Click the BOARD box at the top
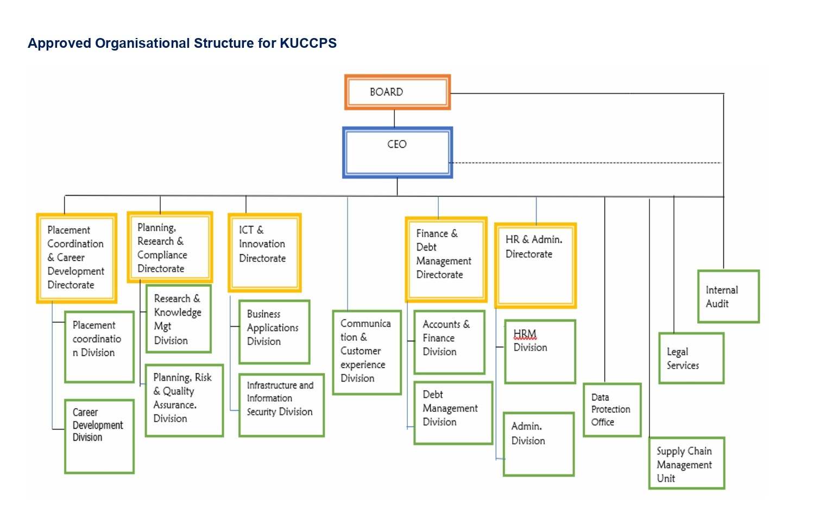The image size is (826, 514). [x=397, y=92]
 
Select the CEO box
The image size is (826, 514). [x=397, y=153]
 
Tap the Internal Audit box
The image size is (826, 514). [x=728, y=297]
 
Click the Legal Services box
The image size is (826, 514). [x=691, y=359]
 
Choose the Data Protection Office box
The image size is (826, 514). [x=612, y=410]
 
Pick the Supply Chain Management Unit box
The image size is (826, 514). [x=686, y=463]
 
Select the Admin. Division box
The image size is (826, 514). [x=538, y=444]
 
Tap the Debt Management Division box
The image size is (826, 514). [x=453, y=413]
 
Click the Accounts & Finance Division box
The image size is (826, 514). [x=449, y=342]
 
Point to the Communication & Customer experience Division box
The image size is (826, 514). [x=367, y=352]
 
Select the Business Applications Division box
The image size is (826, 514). [x=274, y=332]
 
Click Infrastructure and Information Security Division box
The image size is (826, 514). [x=281, y=405]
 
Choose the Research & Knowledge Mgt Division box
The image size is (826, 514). [x=178, y=319]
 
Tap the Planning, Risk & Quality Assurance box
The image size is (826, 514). [x=184, y=400]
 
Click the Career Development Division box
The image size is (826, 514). [x=99, y=437]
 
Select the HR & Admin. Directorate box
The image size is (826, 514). [x=535, y=266]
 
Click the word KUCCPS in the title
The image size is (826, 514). [x=308, y=43]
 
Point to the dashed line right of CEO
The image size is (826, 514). [x=587, y=162]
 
